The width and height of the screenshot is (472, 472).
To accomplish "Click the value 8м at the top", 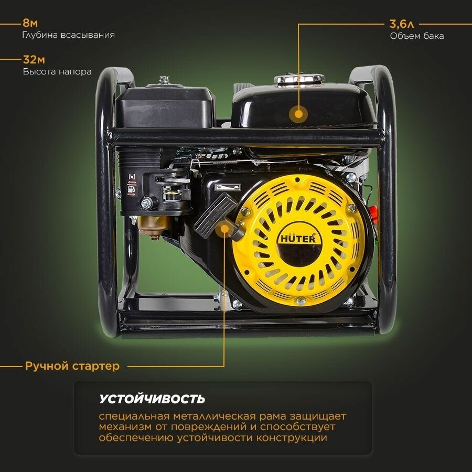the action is pos(30,23).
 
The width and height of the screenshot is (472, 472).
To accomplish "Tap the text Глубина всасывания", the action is pos(69,35).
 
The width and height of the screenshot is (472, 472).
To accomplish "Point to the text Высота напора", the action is pos(57,71).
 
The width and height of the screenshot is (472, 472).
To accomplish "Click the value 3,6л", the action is pos(401,24).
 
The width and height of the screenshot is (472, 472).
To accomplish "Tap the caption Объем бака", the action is pos(417,36).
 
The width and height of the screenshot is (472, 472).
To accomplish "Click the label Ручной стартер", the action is pos(72,366).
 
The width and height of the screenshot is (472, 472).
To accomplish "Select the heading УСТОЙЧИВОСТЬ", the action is pos(152,399).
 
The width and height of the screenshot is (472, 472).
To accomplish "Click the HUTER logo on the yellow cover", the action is pos(297,238).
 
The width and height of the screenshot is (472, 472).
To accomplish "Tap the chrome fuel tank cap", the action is pos(299,79).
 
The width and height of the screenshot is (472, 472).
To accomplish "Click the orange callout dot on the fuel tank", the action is pos(298,113).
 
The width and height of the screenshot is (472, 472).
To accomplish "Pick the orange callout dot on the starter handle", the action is pos(224,229).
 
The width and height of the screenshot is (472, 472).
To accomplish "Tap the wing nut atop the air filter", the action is pos(164,80).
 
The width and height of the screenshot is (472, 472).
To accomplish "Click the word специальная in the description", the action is pos(131,416).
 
